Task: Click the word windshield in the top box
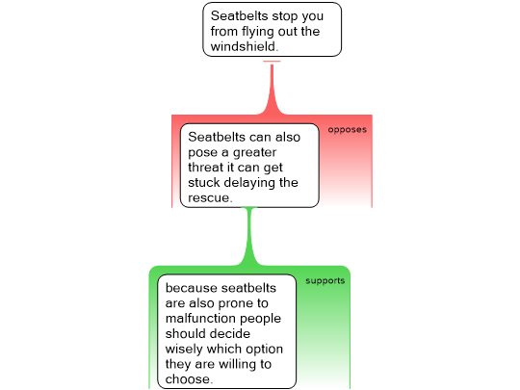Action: tap(245, 46)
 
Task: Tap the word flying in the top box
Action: tap(258, 32)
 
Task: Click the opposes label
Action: tap(348, 130)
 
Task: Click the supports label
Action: tap(325, 281)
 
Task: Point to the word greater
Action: tap(254, 152)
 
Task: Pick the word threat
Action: tap(206, 168)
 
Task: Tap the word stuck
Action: tap(203, 182)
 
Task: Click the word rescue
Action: tap(210, 198)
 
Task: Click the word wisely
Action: tap(184, 350)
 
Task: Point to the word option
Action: tap(264, 350)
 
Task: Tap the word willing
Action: tap(238, 364)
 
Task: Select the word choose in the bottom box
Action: tap(189, 379)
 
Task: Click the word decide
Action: tap(229, 333)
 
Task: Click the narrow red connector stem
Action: tap(272, 88)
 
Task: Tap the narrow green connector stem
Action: tap(249, 236)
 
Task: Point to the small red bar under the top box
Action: tap(272, 62)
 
